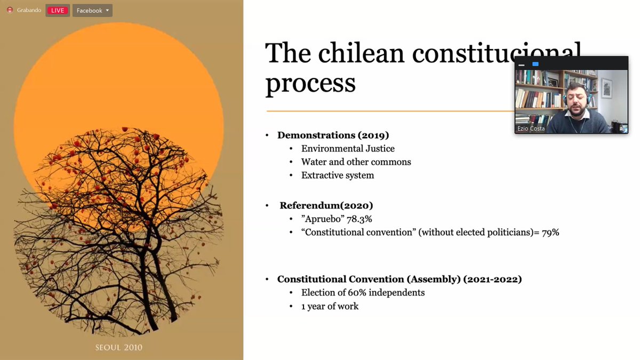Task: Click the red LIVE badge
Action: click(58, 11)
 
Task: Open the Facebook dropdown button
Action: click(92, 11)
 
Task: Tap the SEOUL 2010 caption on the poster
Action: click(119, 347)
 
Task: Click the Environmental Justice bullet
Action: click(348, 148)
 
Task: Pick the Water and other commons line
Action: click(356, 162)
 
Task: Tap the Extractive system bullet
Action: click(338, 175)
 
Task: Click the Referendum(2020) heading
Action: click(326, 205)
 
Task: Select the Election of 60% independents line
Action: click(363, 292)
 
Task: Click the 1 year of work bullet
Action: click(330, 306)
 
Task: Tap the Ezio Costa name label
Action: click(531, 129)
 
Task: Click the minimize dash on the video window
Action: click(522, 65)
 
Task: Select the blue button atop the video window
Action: click(535, 64)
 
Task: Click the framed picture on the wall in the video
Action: click(606, 88)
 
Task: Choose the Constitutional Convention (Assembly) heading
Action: click(399, 279)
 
